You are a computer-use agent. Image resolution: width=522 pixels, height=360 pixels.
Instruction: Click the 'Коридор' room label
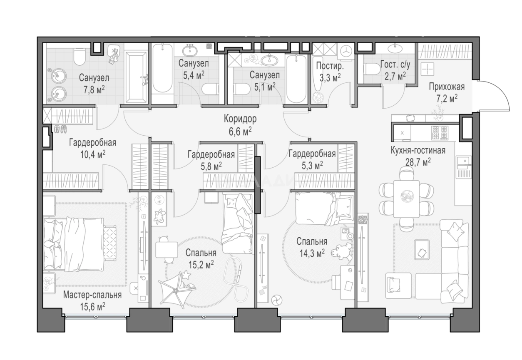(240, 119)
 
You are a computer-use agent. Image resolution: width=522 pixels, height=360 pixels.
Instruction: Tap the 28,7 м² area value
(418, 162)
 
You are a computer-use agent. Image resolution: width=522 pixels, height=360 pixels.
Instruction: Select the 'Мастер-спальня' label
(92, 295)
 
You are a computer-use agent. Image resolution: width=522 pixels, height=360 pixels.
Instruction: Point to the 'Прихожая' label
(447, 87)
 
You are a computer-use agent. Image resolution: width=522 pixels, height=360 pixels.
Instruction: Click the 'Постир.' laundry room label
(330, 66)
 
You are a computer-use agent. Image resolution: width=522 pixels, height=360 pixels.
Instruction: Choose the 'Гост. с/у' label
(395, 65)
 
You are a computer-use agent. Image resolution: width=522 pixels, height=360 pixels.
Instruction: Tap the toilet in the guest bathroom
(371, 70)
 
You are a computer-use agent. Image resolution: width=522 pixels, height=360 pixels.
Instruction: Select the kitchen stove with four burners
(440, 133)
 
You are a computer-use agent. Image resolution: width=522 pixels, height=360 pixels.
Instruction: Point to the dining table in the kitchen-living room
(406, 199)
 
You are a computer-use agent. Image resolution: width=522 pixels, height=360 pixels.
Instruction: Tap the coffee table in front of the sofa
(422, 250)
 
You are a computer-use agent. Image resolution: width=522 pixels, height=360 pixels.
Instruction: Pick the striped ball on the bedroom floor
(277, 300)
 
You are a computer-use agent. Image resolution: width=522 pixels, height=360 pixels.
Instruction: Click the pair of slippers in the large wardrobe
(60, 129)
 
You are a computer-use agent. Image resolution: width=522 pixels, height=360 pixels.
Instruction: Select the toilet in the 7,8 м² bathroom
(80, 57)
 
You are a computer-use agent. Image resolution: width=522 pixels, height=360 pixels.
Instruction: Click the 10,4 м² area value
(92, 155)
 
